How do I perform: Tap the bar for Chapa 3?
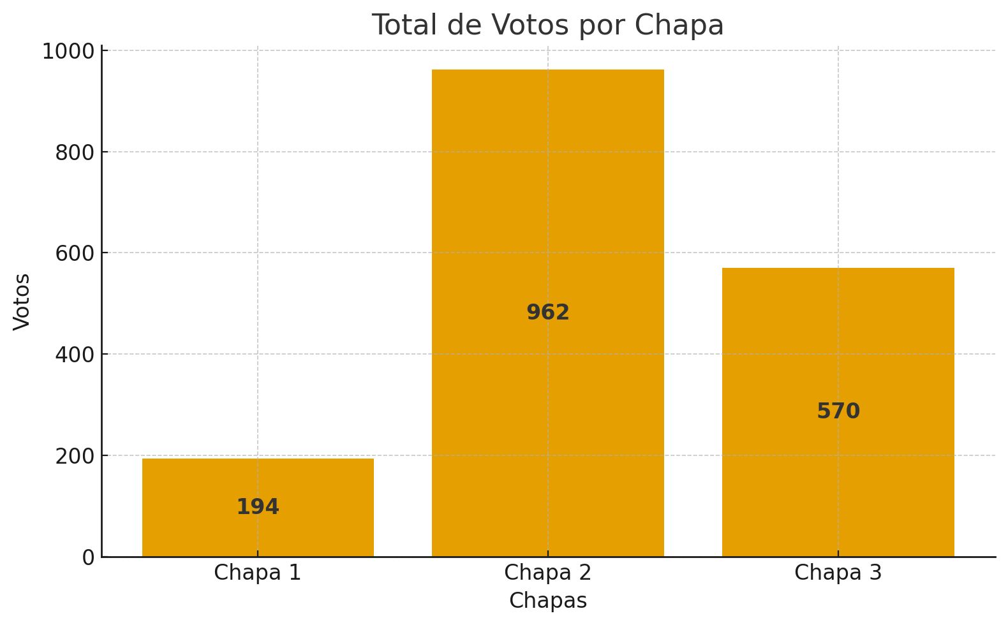[838, 332]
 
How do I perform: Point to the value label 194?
[258, 507]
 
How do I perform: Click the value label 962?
[547, 312]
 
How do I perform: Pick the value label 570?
[838, 411]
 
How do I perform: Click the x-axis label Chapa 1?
[257, 573]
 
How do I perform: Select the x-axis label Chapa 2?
[547, 573]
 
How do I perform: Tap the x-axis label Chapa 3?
[838, 573]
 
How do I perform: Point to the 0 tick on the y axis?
[88, 557]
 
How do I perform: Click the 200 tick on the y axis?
[75, 456]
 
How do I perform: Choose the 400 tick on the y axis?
[75, 355]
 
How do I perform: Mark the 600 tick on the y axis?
[75, 253]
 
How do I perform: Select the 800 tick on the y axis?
[75, 152]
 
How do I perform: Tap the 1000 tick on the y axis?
[68, 52]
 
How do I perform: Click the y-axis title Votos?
[22, 302]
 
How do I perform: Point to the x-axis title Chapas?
[547, 601]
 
